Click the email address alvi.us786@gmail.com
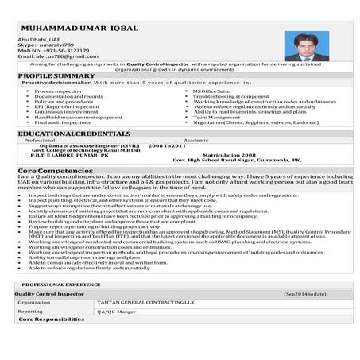click(x=50, y=57)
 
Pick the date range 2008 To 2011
click(x=167, y=145)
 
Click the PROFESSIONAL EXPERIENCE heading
click(x=60, y=285)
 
